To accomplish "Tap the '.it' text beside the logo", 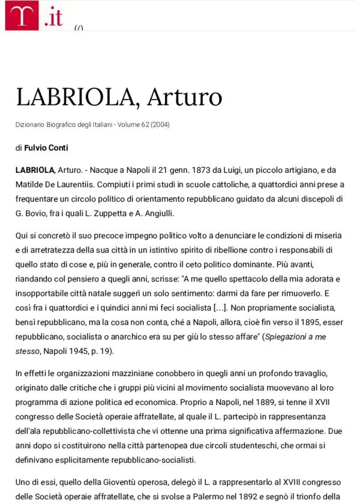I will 53,17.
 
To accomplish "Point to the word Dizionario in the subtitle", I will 32,125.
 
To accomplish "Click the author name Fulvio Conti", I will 46,147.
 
